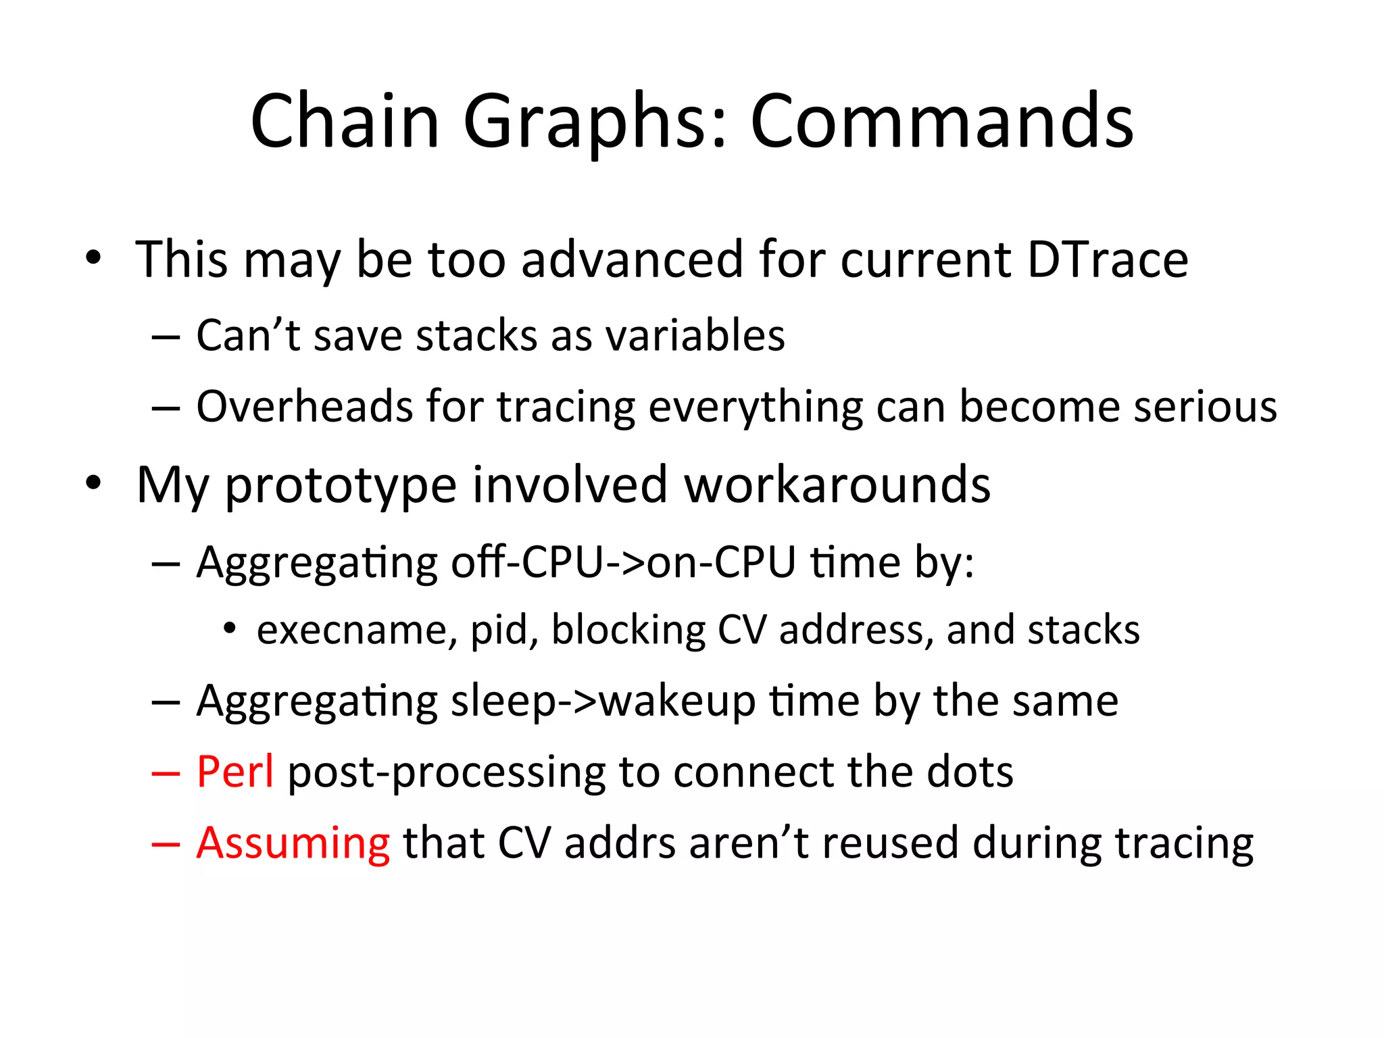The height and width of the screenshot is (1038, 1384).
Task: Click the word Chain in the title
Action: click(345, 122)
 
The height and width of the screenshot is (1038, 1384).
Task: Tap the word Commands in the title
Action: click(942, 122)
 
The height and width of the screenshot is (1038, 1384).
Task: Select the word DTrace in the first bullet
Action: click(1108, 259)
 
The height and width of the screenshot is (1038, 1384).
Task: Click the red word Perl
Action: click(235, 772)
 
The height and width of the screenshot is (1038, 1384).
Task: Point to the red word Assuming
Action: click(293, 843)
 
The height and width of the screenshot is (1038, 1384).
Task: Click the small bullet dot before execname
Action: click(230, 628)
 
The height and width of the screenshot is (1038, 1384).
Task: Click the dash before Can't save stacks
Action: click(166, 337)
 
